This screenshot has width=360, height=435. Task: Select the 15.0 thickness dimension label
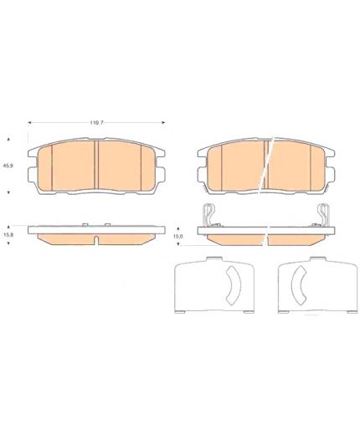(x=178, y=236)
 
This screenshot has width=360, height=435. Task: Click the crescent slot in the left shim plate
(x=234, y=285)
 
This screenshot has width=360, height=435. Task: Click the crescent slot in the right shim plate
(x=299, y=285)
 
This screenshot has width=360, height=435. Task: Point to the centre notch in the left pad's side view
(x=96, y=241)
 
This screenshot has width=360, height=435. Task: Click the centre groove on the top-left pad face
(x=96, y=165)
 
